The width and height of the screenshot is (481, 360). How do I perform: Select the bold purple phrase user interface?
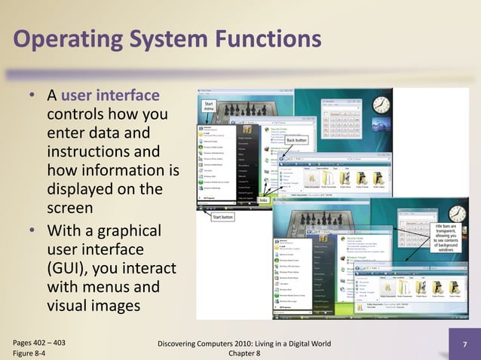coord(110,96)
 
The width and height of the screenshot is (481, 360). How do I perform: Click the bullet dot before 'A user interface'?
coord(32,97)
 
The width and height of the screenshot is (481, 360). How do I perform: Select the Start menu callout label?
coord(210,108)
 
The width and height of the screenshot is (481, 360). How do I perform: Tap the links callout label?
coord(263,200)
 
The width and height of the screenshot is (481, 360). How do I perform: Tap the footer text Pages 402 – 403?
coord(39,342)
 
